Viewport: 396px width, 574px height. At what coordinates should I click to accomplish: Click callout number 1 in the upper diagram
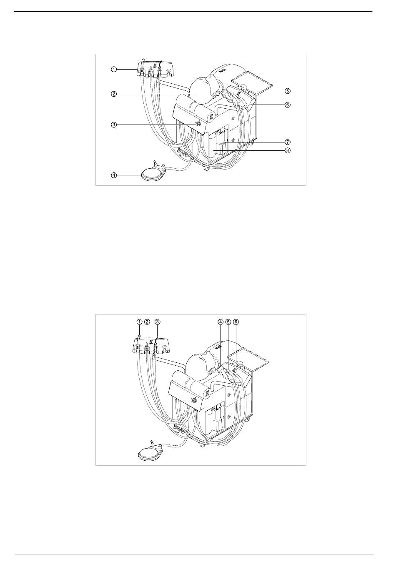[114, 69]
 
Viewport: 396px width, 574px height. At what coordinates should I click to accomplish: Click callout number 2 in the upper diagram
[114, 94]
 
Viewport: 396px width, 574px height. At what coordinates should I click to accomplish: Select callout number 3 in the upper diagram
[114, 125]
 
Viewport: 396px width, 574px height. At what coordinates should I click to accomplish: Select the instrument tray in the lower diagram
[248, 360]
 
